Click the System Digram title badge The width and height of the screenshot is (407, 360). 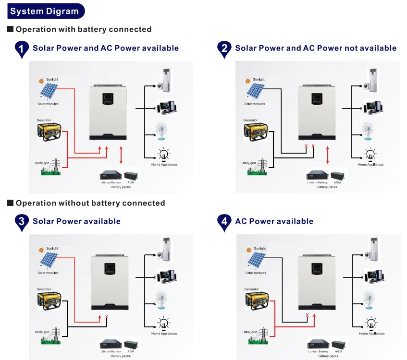(x=45, y=11)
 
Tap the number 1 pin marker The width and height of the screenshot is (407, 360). (x=22, y=48)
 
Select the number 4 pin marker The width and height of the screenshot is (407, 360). (x=223, y=221)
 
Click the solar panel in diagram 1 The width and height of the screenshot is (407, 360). (x=49, y=91)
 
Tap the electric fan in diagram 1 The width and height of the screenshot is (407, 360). (x=162, y=130)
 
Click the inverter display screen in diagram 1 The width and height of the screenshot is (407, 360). (x=108, y=100)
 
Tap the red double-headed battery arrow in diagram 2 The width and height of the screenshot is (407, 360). (x=328, y=156)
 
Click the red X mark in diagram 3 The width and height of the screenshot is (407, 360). (x=107, y=317)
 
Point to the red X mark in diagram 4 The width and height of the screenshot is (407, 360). (x=307, y=315)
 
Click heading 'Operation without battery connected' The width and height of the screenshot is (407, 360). (x=90, y=203)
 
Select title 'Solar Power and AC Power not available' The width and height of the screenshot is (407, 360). (x=315, y=48)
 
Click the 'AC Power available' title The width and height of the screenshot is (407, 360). (x=274, y=221)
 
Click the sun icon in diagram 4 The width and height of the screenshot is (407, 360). (x=248, y=250)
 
